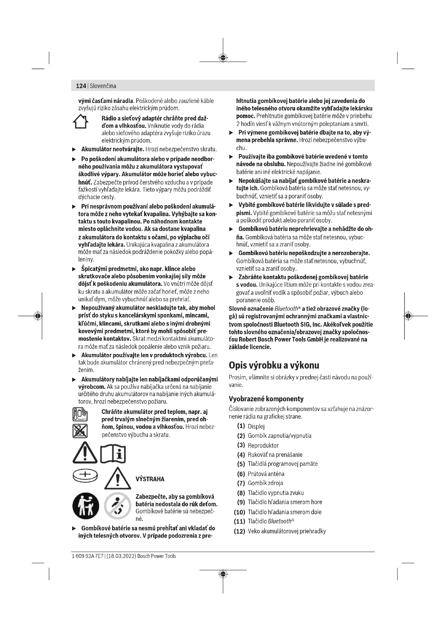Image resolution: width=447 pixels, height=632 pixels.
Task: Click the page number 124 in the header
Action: tap(81, 86)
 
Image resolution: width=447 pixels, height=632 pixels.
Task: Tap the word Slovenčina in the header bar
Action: tap(103, 86)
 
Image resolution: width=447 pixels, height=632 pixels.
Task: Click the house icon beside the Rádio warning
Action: tap(80, 122)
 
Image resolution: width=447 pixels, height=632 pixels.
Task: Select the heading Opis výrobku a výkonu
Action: tap(274, 365)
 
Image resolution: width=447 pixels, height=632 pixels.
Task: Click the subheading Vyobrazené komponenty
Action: tap(266, 399)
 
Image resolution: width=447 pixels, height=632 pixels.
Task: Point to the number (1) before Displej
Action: tap(241, 426)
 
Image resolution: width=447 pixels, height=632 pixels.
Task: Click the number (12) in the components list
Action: tap(239, 531)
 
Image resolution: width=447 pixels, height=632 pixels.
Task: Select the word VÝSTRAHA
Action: tap(150, 479)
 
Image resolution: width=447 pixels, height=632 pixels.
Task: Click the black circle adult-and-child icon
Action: tap(86, 506)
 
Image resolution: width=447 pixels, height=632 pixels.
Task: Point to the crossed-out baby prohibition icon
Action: tap(118, 506)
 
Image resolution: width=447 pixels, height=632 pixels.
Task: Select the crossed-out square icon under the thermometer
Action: tap(80, 431)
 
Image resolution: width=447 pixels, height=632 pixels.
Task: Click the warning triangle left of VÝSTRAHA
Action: tap(118, 479)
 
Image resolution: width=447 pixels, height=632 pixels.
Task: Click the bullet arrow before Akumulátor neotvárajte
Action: tap(74, 150)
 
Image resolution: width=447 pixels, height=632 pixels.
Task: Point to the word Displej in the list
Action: tap(256, 426)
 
